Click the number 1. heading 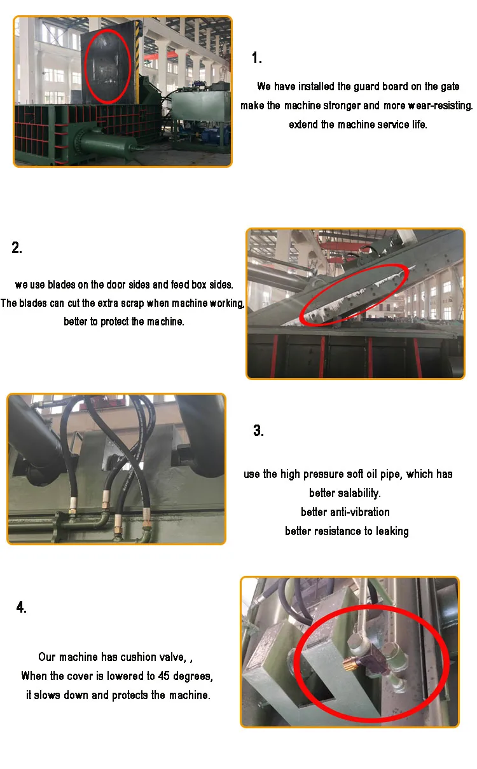[257, 58]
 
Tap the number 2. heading [17, 247]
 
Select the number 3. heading [258, 430]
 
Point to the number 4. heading [22, 608]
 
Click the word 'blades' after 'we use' [61, 285]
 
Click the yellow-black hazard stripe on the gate [138, 62]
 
